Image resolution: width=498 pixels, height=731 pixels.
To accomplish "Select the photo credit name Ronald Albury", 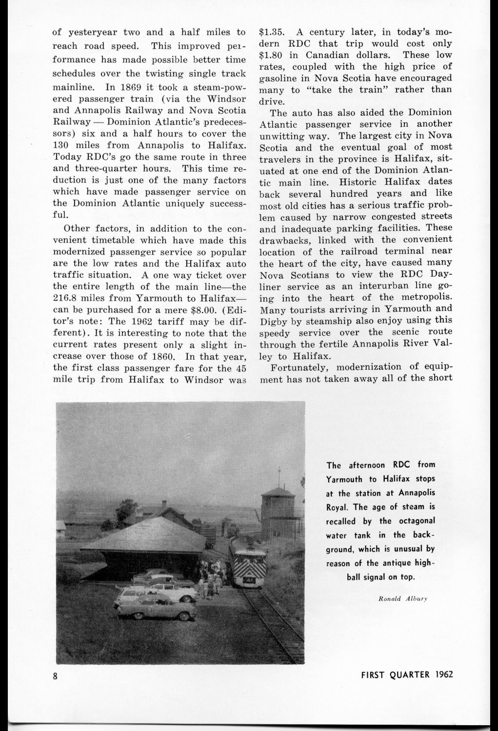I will [403, 598].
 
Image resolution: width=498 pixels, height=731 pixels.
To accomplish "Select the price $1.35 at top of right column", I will [271, 33].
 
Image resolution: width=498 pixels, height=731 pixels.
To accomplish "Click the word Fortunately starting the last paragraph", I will [298, 367].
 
